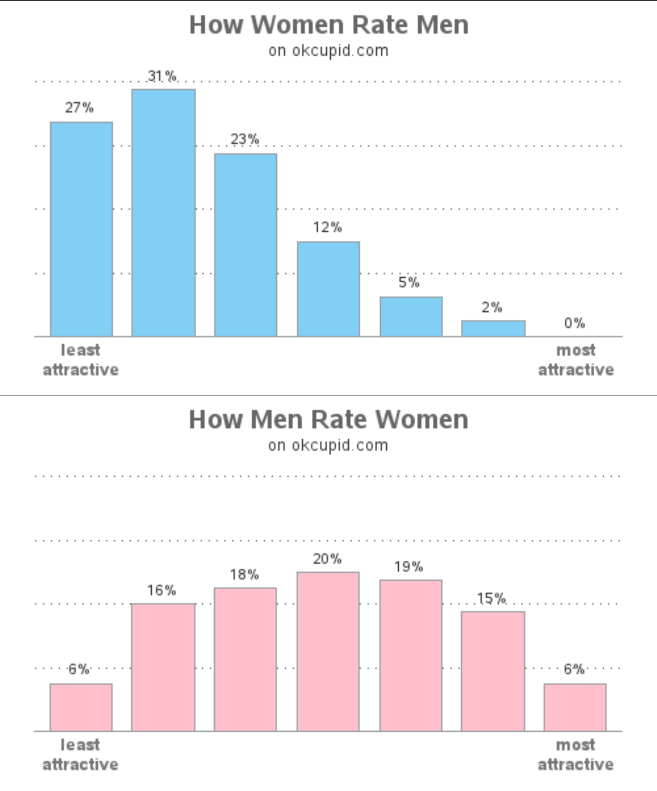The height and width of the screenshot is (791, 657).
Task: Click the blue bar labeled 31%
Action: click(163, 213)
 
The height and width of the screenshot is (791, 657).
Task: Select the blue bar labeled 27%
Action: click(81, 229)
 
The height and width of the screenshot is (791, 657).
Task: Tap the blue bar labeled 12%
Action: click(328, 289)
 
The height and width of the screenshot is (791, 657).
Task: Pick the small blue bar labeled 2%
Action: click(493, 328)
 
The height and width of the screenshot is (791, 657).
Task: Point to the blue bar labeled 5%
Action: click(411, 316)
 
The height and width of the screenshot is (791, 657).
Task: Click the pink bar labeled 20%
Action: click(328, 652)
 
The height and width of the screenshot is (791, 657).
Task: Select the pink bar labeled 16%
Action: click(163, 667)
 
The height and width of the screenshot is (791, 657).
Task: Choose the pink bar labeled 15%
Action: click(493, 671)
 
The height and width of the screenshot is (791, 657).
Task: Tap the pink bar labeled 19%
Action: click(411, 655)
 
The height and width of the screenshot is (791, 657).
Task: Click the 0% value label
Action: click(574, 323)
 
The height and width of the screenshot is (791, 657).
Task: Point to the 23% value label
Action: click(245, 139)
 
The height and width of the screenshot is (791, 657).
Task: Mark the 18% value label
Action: click(244, 574)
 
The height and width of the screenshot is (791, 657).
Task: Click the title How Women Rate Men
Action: click(329, 25)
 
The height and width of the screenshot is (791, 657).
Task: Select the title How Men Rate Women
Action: click(329, 419)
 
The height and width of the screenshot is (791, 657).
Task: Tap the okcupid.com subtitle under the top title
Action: click(328, 51)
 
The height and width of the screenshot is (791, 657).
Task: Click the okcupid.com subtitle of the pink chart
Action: click(328, 445)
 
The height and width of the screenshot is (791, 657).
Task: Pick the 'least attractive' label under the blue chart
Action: click(81, 360)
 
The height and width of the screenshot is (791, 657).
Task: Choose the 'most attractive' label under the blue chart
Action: click(576, 360)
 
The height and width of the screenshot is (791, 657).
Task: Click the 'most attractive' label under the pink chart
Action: click(575, 755)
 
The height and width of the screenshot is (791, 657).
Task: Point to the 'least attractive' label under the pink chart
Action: click(80, 755)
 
